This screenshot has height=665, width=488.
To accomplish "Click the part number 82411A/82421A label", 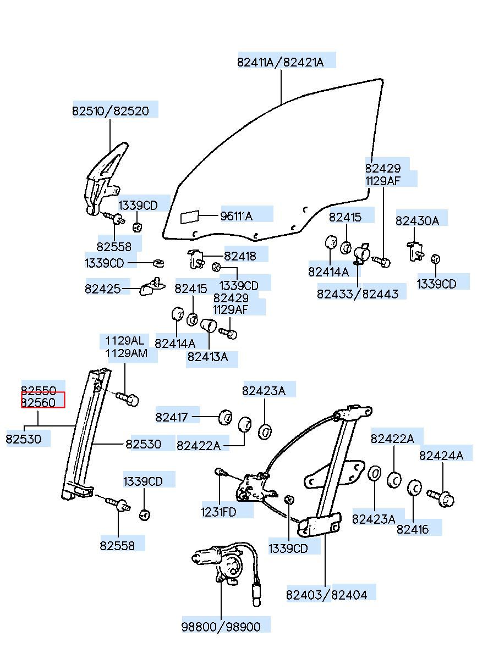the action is pyautogui.click(x=280, y=62).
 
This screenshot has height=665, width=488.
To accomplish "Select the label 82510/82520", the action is pyautogui.click(x=110, y=111).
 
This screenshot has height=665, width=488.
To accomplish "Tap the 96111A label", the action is pyautogui.click(x=236, y=216).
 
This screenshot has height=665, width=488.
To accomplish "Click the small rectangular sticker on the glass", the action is pyautogui.click(x=190, y=217).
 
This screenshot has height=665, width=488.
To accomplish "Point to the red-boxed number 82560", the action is pyautogui.click(x=39, y=402).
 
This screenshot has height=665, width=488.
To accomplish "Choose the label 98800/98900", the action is pyautogui.click(x=221, y=627).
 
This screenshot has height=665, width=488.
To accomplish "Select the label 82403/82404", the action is pyautogui.click(x=326, y=595).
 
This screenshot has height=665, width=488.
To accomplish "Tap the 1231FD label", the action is pyautogui.click(x=218, y=512).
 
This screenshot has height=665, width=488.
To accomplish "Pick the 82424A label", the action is pyautogui.click(x=441, y=456).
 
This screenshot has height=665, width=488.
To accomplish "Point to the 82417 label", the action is pyautogui.click(x=172, y=417).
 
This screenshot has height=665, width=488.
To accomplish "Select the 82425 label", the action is pyautogui.click(x=102, y=289).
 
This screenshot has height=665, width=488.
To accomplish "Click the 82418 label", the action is pyautogui.click(x=240, y=256).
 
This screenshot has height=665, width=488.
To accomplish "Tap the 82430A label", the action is pyautogui.click(x=417, y=221).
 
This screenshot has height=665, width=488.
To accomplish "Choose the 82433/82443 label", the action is pyautogui.click(x=358, y=294).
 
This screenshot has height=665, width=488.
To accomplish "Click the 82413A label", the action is pyautogui.click(x=207, y=357).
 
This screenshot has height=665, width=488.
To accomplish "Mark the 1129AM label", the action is pyautogui.click(x=127, y=353).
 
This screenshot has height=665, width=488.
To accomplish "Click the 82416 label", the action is pyautogui.click(x=413, y=529).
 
